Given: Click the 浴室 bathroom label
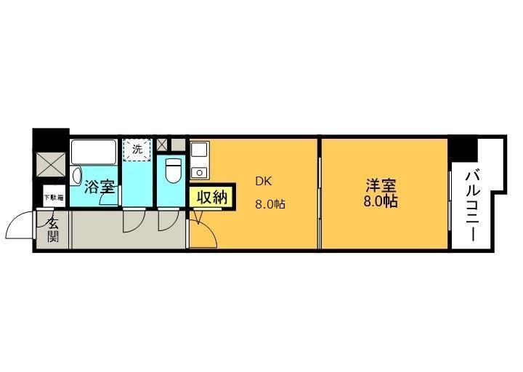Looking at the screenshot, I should (99, 187).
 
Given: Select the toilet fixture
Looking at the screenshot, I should (172, 171).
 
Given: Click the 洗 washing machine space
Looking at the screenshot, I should (137, 149).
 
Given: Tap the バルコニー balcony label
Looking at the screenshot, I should (471, 205).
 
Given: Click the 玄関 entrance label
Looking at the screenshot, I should (53, 230).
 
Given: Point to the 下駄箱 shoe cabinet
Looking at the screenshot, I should (53, 197).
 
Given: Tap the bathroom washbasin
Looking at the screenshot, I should (78, 175).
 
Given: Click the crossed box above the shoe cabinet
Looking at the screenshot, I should (50, 164).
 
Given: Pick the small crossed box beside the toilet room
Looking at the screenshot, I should (162, 142).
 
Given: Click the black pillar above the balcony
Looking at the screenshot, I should (462, 149).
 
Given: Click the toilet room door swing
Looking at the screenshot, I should (169, 221).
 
